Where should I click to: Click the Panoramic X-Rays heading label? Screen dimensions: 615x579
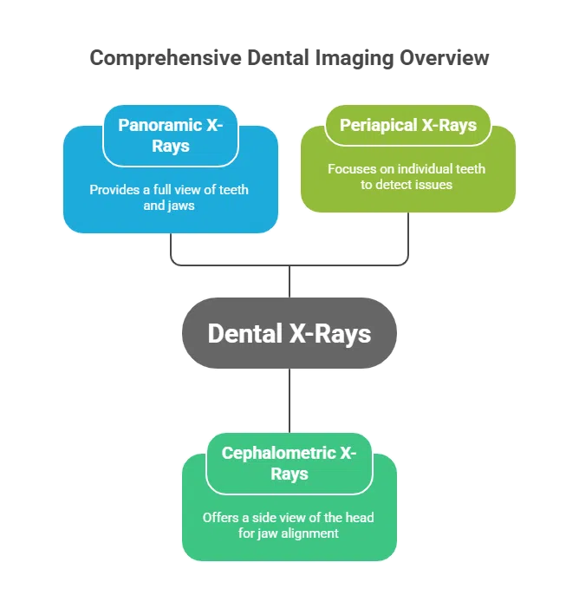[171, 134]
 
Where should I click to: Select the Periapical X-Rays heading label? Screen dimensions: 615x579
[407, 125]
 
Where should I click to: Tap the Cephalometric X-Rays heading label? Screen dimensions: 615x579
[289, 463]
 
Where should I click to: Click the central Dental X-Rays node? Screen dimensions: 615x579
[289, 334]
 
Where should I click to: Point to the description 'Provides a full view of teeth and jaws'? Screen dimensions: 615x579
[170, 198]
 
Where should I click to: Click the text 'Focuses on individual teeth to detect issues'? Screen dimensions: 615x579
[407, 176]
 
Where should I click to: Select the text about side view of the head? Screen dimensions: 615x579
[289, 525]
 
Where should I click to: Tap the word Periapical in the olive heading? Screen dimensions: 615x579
[378, 125]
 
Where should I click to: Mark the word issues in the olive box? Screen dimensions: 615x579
[433, 184]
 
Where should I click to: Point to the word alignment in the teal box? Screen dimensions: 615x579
[312, 533]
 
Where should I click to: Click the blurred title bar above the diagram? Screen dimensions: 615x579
[290, 59]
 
